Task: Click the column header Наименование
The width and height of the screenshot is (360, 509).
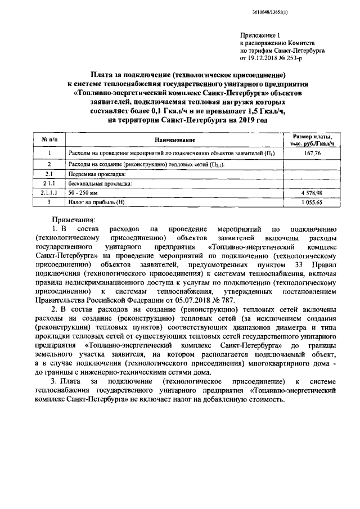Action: [174, 139]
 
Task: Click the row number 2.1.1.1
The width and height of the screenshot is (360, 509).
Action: [49, 193]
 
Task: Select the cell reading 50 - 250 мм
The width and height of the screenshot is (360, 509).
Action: [83, 193]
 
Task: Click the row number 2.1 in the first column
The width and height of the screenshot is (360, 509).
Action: [49, 174]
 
